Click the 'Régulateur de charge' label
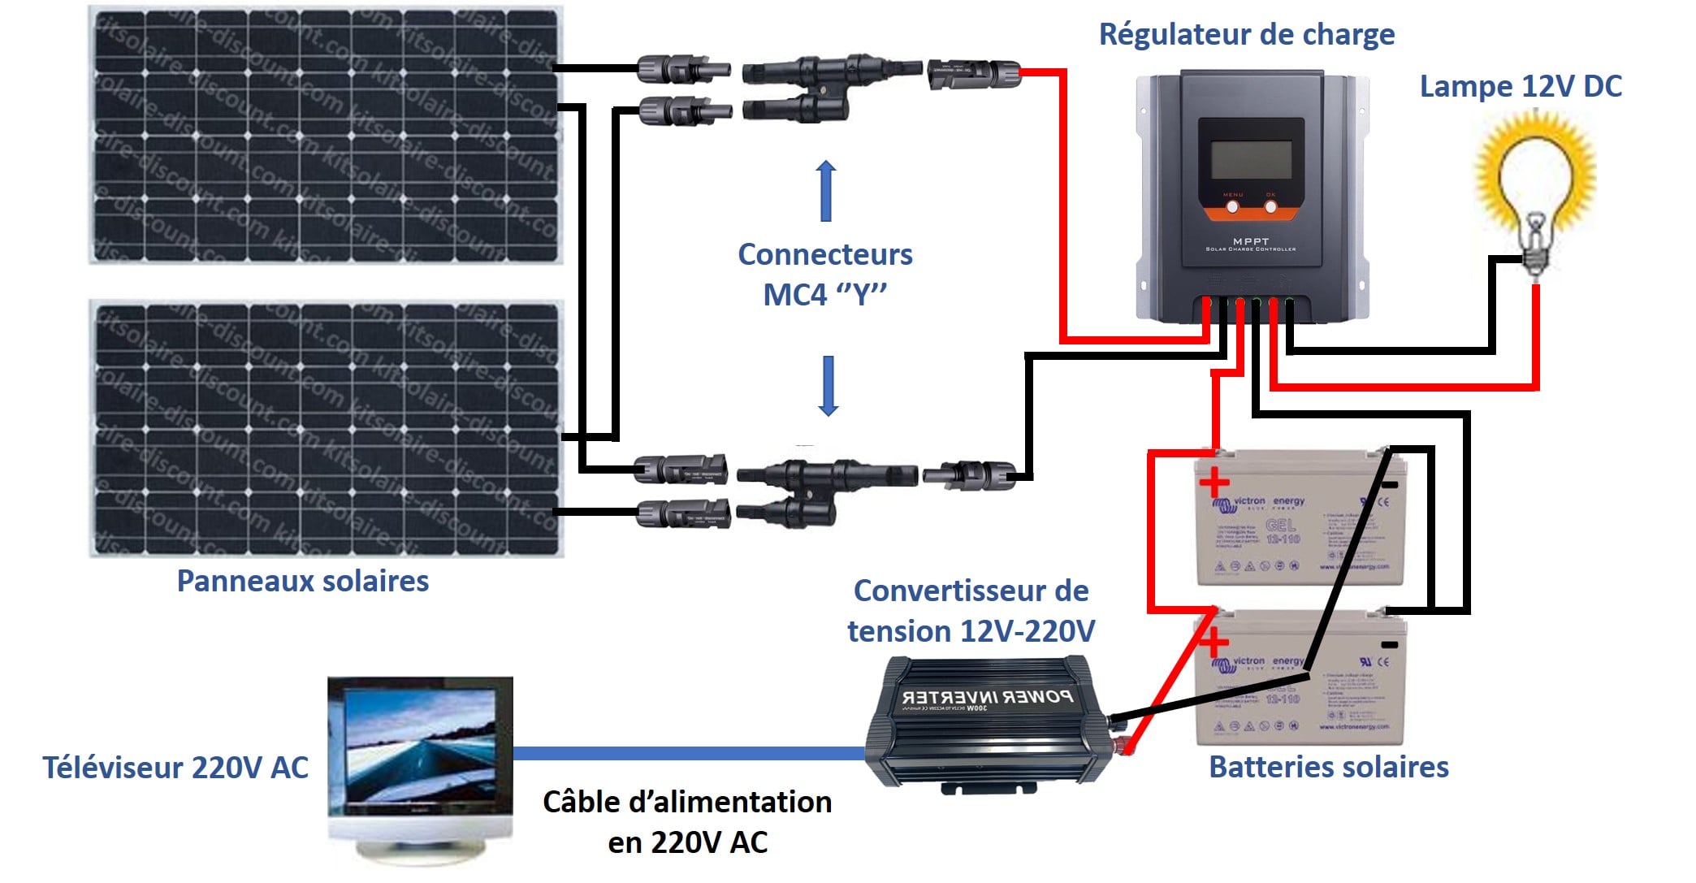[x=1246, y=35]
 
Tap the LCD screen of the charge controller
[x=1251, y=159]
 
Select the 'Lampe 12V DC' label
[x=1520, y=87]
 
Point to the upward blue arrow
[x=826, y=190]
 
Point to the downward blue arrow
[x=828, y=386]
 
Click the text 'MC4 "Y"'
[x=824, y=294]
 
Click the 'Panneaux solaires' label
[x=302, y=582]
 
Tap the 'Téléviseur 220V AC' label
[x=175, y=768]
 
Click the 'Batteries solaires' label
[x=1328, y=767]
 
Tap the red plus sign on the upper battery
[x=1214, y=483]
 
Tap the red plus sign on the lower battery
[x=1214, y=643]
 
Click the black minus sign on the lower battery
[x=1390, y=645]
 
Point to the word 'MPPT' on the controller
[x=1250, y=241]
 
